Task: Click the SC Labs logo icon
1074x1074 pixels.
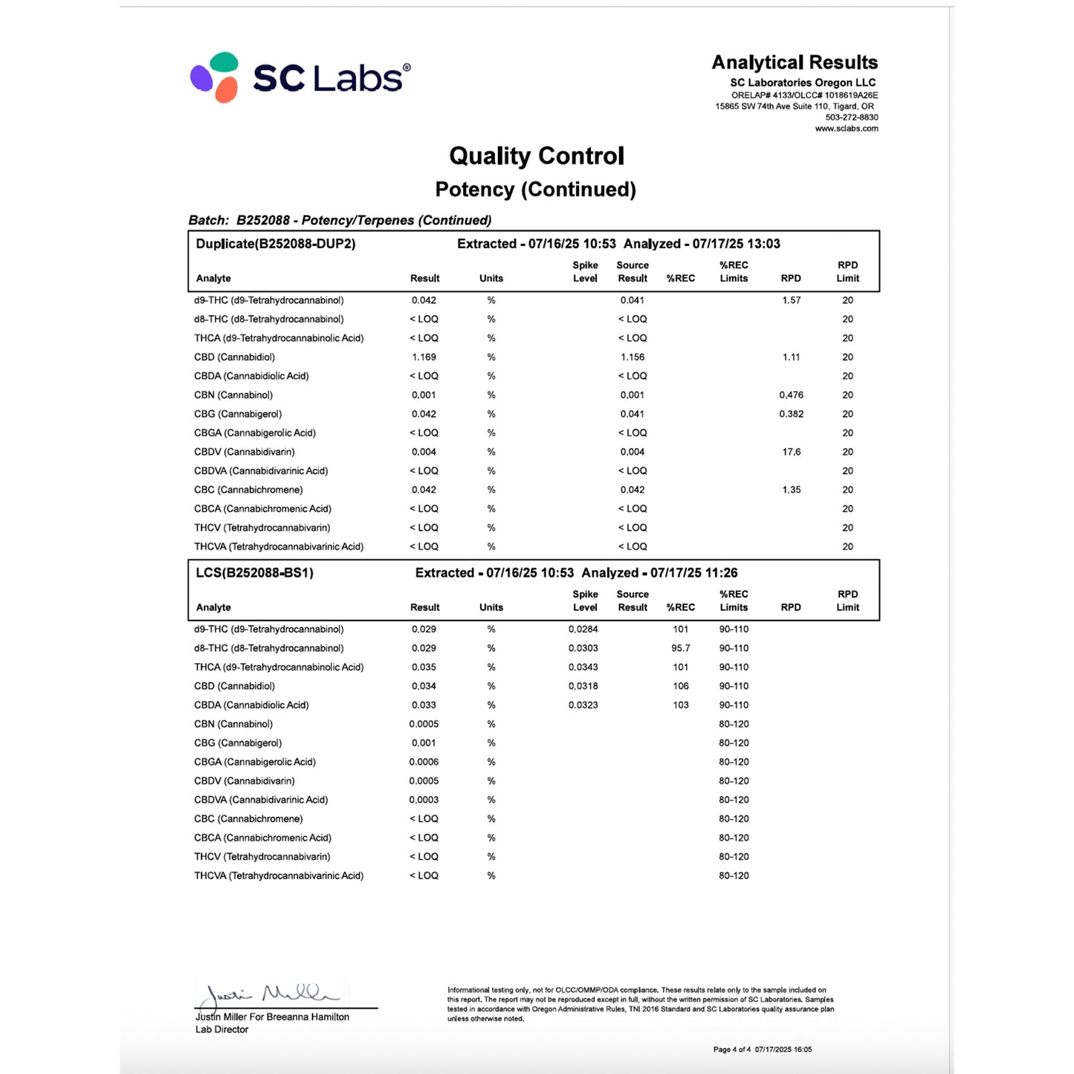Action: (215, 77)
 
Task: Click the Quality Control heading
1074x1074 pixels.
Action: (536, 156)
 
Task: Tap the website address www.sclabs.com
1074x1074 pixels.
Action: (846, 129)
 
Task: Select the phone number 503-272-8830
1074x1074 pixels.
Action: (851, 117)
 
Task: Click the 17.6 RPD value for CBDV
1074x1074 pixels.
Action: (791, 452)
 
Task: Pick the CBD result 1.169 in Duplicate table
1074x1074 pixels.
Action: (424, 357)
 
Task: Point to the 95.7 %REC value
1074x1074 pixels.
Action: (680, 648)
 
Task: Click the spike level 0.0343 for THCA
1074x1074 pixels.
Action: (583, 667)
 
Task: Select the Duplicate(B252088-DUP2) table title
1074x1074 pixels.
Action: (276, 244)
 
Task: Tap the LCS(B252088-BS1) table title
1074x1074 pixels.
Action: (254, 573)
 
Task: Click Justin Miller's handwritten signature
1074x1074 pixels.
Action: (271, 994)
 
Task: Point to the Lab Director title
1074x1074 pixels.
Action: (221, 1029)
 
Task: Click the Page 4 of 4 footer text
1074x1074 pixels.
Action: (731, 1049)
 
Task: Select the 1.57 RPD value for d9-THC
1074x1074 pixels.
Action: (791, 300)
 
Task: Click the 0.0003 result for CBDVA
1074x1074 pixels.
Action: (424, 800)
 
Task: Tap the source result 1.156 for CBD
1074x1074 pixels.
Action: (632, 357)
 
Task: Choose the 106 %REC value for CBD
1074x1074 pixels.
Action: (680, 686)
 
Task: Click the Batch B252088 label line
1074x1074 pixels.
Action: (340, 220)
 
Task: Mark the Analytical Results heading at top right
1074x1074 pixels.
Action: (794, 62)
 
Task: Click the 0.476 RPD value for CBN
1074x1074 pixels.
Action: (791, 395)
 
